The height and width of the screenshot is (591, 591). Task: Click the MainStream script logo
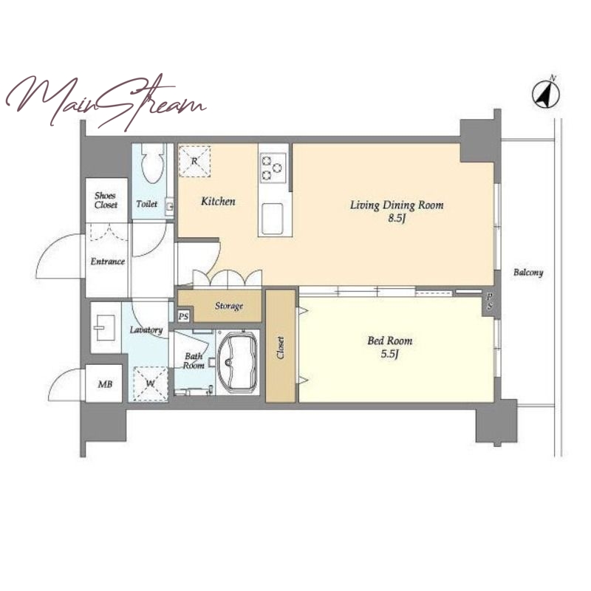pyautogui.click(x=106, y=101)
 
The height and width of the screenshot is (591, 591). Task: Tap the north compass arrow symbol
pyautogui.click(x=546, y=94)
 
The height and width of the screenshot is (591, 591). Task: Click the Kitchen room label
pyautogui.click(x=218, y=201)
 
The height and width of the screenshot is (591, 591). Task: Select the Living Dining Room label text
pyautogui.click(x=397, y=205)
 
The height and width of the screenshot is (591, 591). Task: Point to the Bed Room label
pyautogui.click(x=390, y=341)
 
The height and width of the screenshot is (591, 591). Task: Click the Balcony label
pyautogui.click(x=528, y=273)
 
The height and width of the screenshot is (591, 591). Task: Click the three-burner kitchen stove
pyautogui.click(x=273, y=168)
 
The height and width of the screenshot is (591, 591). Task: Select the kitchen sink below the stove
pyautogui.click(x=273, y=219)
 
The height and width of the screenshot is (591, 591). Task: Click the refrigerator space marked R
pyautogui.click(x=194, y=161)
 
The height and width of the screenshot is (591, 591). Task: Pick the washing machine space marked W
pyautogui.click(x=151, y=383)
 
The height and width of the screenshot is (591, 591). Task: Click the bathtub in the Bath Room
pyautogui.click(x=237, y=363)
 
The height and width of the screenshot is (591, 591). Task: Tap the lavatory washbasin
pyautogui.click(x=105, y=327)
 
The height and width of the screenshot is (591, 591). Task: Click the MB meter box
pyautogui.click(x=104, y=384)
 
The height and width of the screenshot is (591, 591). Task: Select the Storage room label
pyautogui.click(x=229, y=306)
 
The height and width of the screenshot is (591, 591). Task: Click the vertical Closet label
pyautogui.click(x=280, y=347)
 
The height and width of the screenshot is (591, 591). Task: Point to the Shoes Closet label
pyautogui.click(x=106, y=200)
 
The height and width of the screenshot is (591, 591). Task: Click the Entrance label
pyautogui.click(x=108, y=262)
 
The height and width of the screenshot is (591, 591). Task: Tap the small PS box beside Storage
pyautogui.click(x=183, y=316)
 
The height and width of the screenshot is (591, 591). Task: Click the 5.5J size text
pyautogui.click(x=390, y=354)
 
